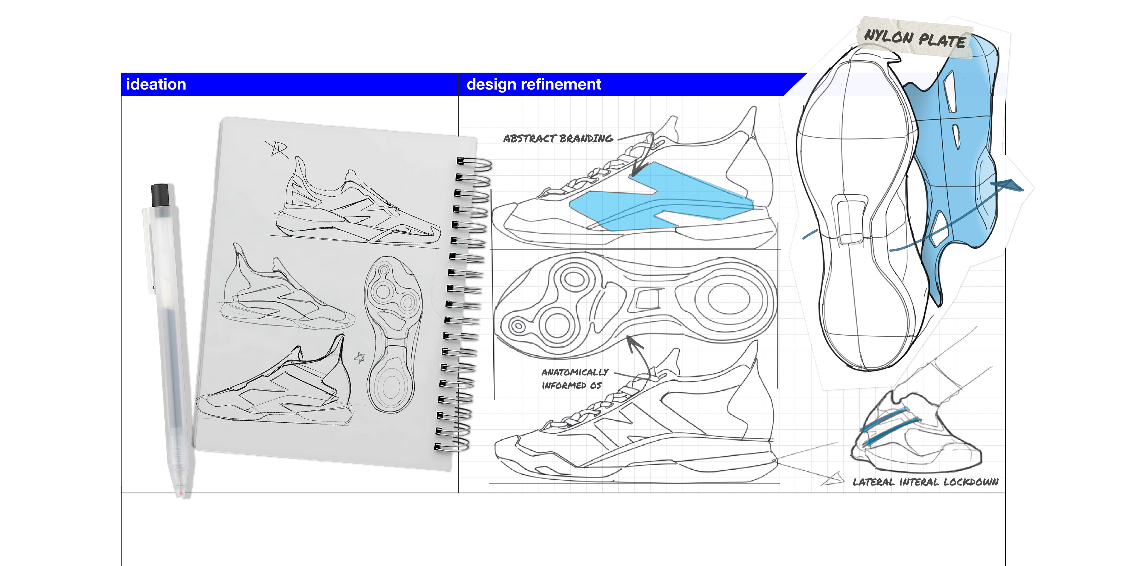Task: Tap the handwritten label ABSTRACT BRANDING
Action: click(x=558, y=139)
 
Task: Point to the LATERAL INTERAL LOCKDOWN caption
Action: click(x=925, y=482)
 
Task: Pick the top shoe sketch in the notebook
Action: click(x=354, y=206)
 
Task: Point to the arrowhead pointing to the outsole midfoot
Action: click(x=632, y=341)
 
